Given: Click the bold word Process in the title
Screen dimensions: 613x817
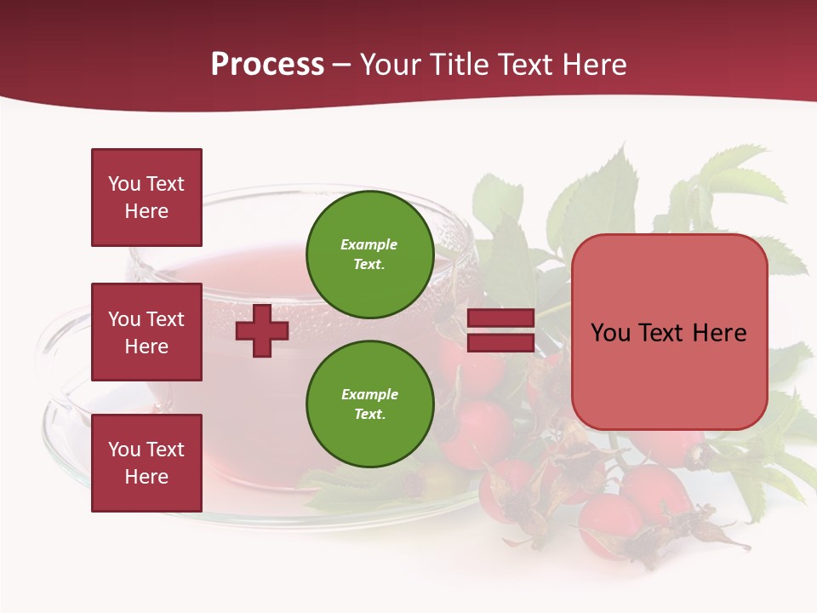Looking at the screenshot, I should (x=267, y=65).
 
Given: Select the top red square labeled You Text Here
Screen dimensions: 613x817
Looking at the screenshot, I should (x=146, y=198).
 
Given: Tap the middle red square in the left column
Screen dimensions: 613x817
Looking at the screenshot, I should (x=146, y=332).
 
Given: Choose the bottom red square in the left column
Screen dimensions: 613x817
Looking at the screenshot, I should (x=146, y=462).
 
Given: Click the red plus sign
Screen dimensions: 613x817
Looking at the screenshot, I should (x=262, y=330).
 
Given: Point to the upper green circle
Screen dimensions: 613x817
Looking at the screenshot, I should (x=369, y=255).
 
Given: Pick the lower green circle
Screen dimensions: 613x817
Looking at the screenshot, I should (x=369, y=404).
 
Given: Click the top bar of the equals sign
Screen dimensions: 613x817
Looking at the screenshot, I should (x=500, y=318).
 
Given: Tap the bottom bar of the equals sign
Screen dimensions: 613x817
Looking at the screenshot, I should (x=500, y=342).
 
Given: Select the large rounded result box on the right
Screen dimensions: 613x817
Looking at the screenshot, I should (x=669, y=332).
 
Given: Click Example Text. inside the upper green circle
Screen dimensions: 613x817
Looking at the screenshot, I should (x=369, y=255).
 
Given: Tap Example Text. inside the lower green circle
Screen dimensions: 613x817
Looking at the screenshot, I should (x=369, y=404).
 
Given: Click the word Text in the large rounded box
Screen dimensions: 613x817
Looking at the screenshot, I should (x=660, y=332).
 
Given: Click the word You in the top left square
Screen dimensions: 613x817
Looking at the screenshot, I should (x=124, y=184).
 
